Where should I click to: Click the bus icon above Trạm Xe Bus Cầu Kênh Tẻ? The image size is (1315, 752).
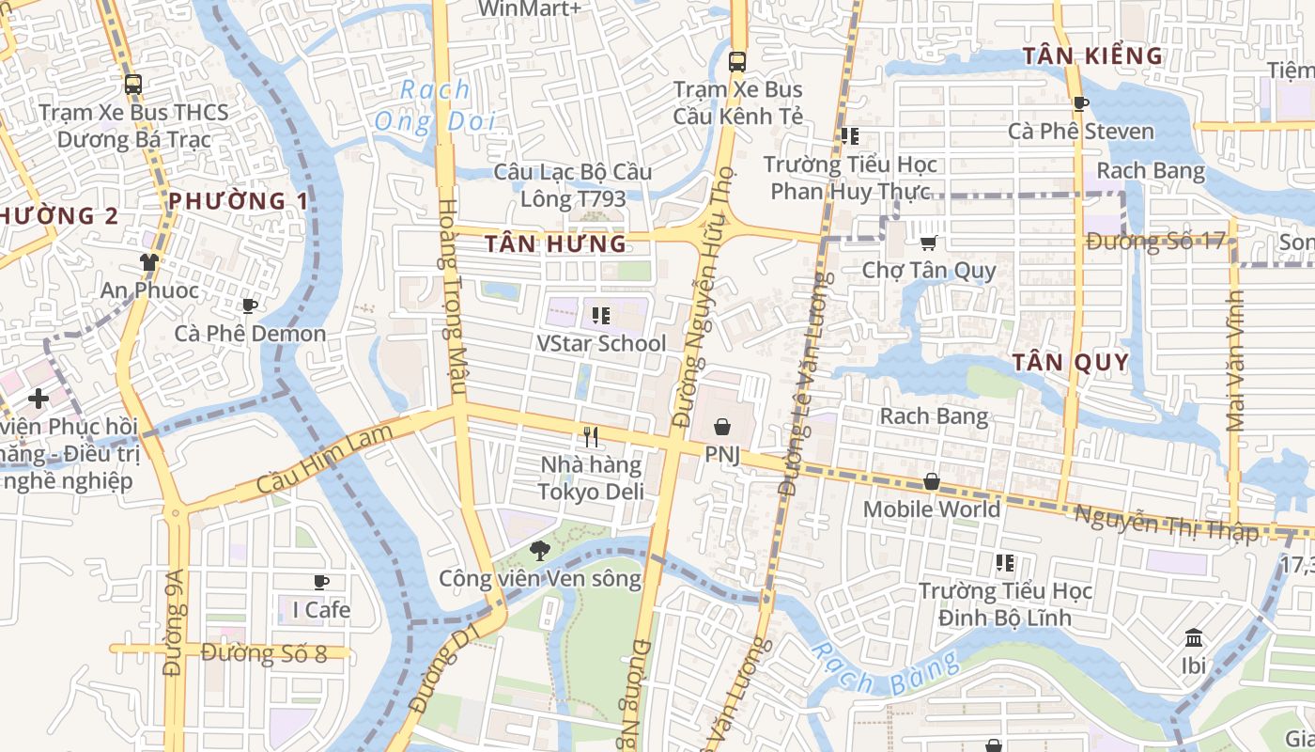(737, 62)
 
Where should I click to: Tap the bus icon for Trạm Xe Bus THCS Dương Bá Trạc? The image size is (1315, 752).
(132, 84)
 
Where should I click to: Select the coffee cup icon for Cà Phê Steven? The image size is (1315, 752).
(1080, 103)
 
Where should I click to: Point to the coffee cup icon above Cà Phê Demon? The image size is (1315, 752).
(249, 305)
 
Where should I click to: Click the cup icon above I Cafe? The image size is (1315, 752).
(321, 582)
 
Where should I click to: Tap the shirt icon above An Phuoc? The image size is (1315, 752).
(148, 261)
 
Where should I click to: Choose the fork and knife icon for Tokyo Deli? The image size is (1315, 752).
(591, 437)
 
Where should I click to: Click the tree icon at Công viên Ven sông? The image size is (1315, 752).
(539, 550)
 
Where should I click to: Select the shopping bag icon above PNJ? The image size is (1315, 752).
(721, 428)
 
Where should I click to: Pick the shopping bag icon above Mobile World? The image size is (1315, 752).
(931, 481)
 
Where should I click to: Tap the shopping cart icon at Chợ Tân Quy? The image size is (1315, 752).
(928, 243)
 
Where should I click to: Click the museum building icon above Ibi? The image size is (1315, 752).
(1194, 638)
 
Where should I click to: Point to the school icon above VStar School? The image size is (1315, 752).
(601, 316)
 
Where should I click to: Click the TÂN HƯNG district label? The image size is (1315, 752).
(555, 244)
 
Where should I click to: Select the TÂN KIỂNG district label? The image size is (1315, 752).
(1092, 56)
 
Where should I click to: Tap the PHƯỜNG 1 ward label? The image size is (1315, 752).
(238, 201)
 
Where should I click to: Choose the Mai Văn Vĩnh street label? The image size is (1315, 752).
(1236, 362)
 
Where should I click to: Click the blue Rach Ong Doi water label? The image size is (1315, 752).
(433, 105)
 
